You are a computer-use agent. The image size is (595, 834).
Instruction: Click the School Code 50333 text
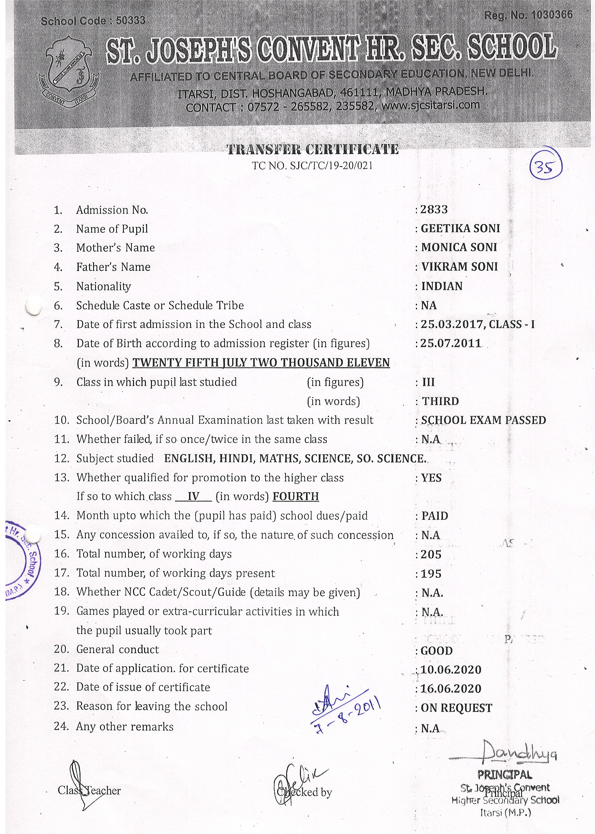(x=93, y=21)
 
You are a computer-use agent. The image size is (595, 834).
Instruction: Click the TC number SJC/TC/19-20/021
(x=312, y=166)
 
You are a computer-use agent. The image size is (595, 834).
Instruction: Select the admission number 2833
(x=434, y=209)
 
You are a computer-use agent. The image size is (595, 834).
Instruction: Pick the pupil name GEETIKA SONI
(x=460, y=229)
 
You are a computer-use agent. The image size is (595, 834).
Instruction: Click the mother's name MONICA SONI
(x=459, y=248)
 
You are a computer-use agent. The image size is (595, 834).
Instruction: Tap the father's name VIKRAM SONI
(x=460, y=267)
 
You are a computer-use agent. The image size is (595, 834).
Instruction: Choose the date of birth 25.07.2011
(x=451, y=343)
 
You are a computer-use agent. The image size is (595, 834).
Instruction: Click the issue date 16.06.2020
(x=451, y=689)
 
